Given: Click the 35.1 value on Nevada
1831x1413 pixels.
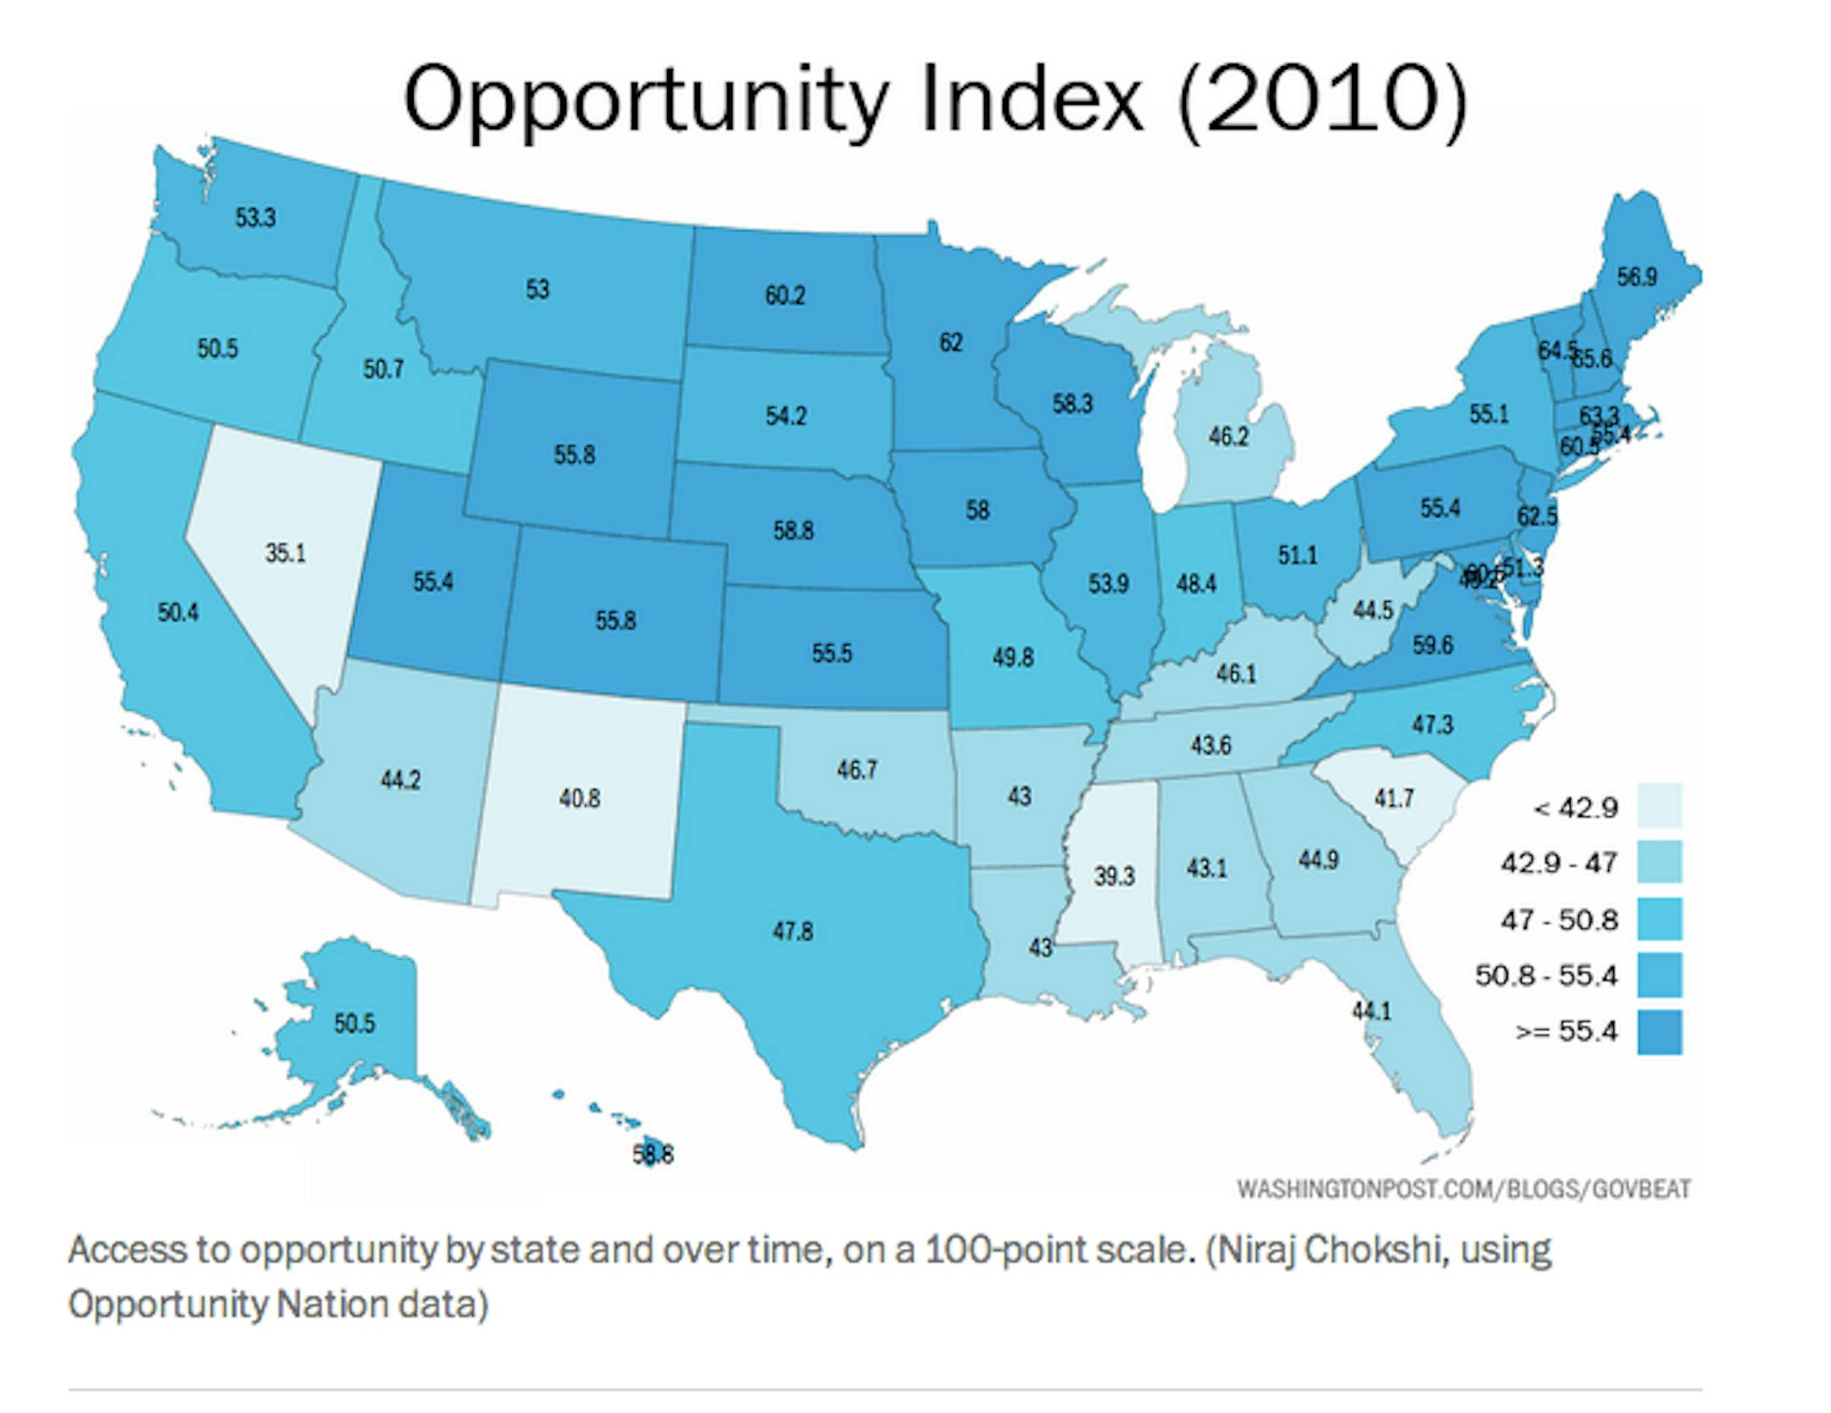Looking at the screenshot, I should (x=285, y=553).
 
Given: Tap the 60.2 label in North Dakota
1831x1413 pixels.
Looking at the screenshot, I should (x=785, y=296).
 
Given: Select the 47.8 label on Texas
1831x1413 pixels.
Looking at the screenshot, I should (x=793, y=931).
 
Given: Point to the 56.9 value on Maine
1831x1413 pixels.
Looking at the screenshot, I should (x=1636, y=277).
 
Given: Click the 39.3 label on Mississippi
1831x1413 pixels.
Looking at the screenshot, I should (x=1114, y=876).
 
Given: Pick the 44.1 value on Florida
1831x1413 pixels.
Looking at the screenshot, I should (x=1371, y=1010).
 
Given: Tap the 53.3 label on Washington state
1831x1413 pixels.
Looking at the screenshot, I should (x=255, y=218).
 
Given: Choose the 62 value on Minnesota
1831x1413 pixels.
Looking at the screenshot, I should (x=951, y=342).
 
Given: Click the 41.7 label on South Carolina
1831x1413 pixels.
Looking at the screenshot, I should (x=1394, y=798).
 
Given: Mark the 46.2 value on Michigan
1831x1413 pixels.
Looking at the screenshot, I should (x=1228, y=437).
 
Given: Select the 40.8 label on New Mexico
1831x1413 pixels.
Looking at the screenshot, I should (x=580, y=798).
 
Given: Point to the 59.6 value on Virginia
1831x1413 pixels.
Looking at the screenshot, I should (x=1433, y=645).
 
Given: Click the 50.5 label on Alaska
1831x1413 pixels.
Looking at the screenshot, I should (x=353, y=1023).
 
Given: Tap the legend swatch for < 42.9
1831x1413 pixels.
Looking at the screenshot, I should (x=1659, y=805).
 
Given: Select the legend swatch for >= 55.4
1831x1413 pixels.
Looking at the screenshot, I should (x=1659, y=1032).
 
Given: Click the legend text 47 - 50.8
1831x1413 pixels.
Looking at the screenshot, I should (x=1559, y=920).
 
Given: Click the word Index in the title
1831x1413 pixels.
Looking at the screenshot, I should (x=1032, y=99).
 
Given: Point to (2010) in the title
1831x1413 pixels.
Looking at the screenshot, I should (x=1323, y=99).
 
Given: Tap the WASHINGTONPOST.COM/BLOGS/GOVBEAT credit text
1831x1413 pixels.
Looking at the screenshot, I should (x=1463, y=1189).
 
